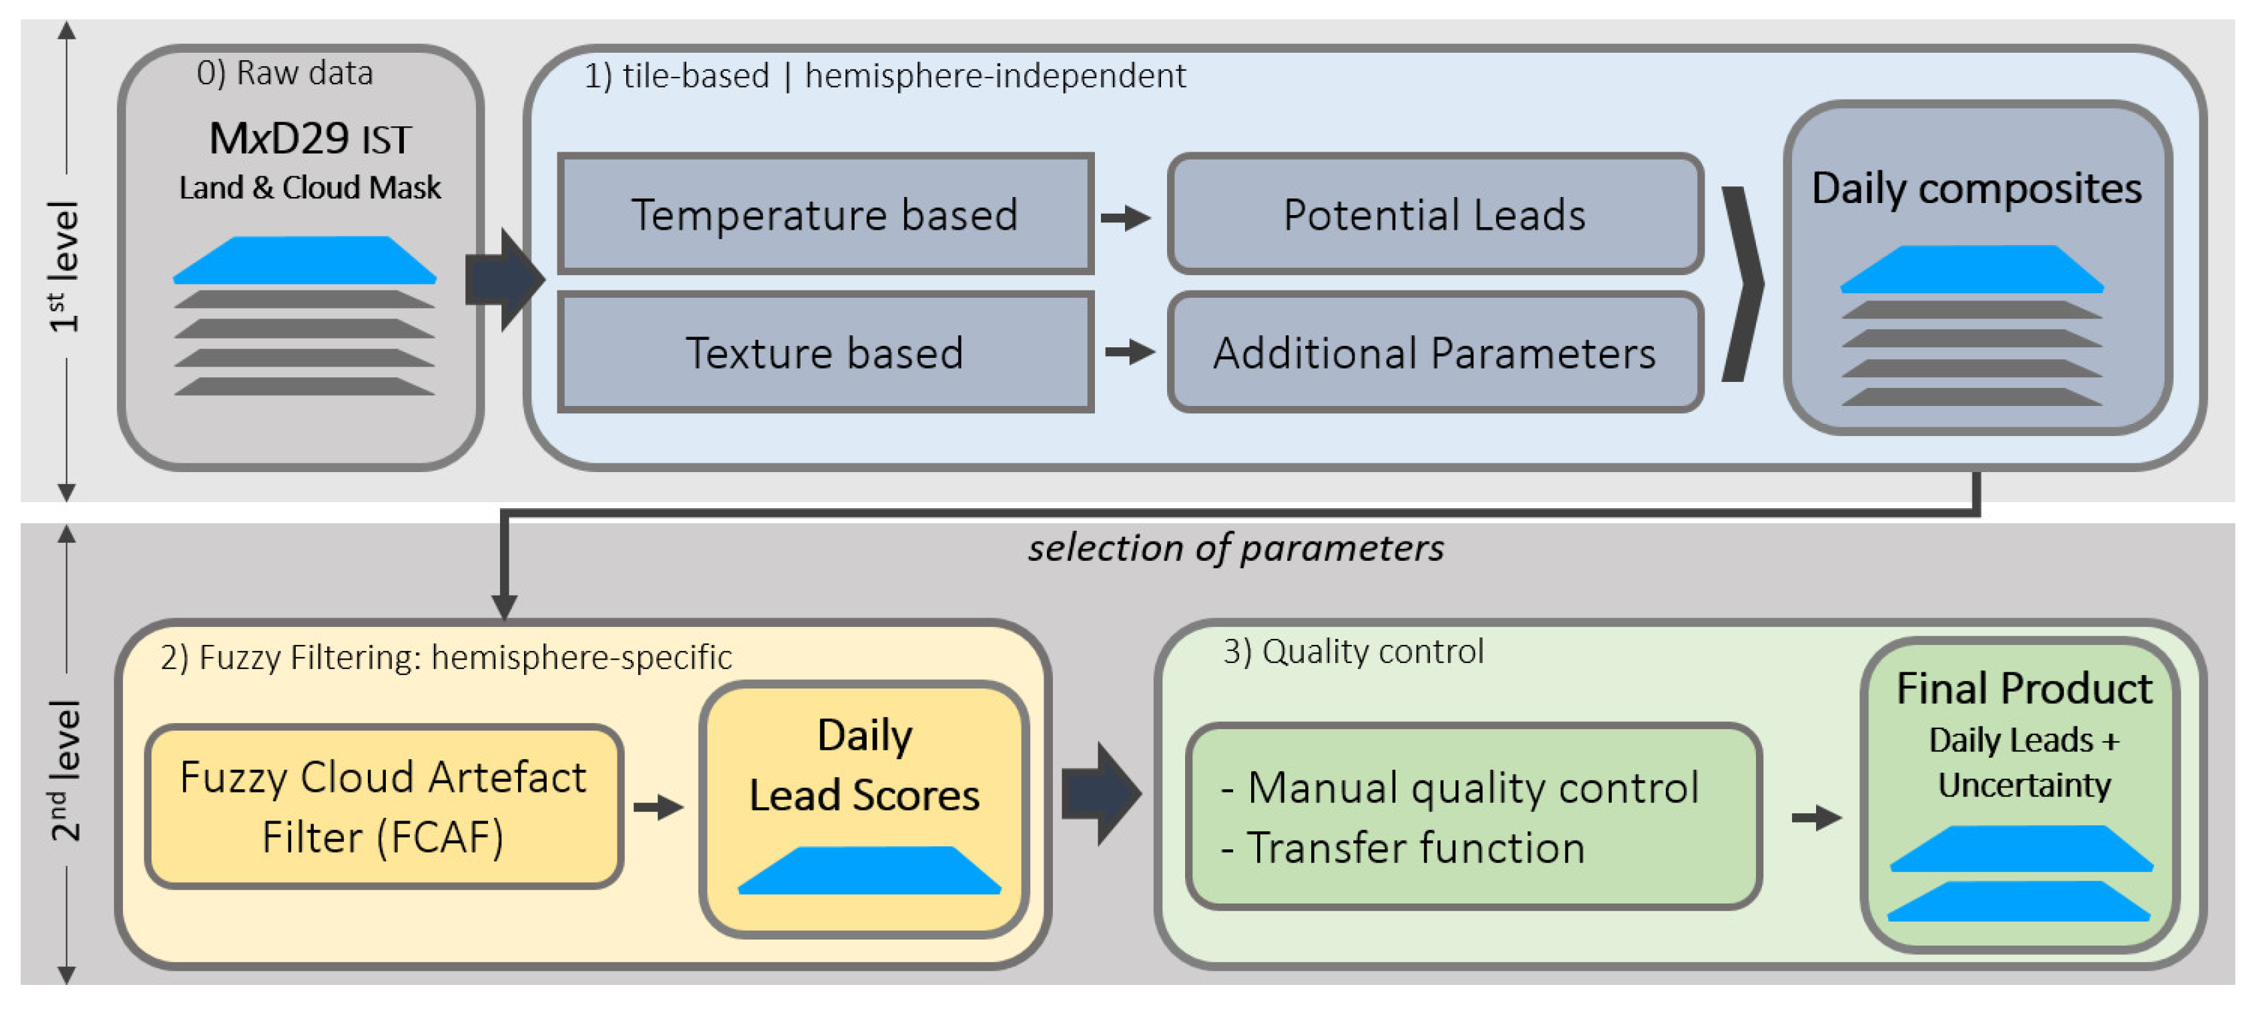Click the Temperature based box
pos(825,214)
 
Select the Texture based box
pos(825,352)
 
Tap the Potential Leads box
pos(1434,214)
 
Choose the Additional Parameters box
pos(1434,352)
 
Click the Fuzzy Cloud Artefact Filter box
pos(383,806)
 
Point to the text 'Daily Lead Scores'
pos(865,765)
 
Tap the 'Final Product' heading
pos(2023,688)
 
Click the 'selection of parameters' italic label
pos(1235,548)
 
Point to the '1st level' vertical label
pos(64,266)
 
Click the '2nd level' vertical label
pos(64,770)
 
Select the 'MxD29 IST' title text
pos(309,139)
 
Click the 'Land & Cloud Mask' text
pos(309,188)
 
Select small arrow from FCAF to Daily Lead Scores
pos(658,806)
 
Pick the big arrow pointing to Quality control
pos(1099,793)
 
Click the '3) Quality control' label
pos(1353,652)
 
